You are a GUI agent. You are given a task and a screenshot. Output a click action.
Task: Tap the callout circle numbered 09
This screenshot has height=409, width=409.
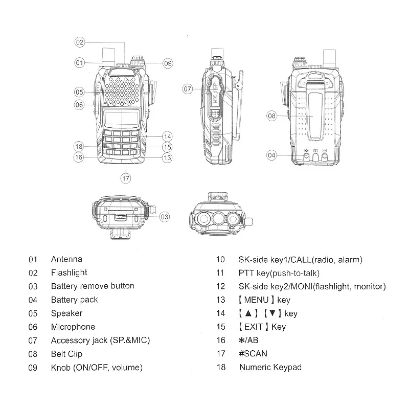168,63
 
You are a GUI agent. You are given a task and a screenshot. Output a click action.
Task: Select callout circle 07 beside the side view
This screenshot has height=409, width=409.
188,89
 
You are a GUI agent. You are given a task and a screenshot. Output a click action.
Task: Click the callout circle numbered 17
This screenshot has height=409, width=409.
125,178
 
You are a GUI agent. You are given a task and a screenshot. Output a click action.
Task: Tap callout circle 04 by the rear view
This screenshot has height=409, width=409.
271,155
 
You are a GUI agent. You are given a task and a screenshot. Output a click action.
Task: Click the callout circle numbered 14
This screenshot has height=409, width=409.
168,137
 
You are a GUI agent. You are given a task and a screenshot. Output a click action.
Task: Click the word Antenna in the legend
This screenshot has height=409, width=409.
66,259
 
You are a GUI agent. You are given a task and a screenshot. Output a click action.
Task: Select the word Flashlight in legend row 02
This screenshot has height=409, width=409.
69,272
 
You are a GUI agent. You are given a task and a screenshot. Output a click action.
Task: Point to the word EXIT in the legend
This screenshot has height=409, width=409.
254,327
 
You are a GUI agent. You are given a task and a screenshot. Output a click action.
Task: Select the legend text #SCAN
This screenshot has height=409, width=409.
253,353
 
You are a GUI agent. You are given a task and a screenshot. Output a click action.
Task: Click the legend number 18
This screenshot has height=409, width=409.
221,367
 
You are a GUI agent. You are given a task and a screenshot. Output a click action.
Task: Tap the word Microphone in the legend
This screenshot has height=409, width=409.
73,327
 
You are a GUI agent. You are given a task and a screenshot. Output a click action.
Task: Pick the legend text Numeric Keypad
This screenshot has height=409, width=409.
270,367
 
